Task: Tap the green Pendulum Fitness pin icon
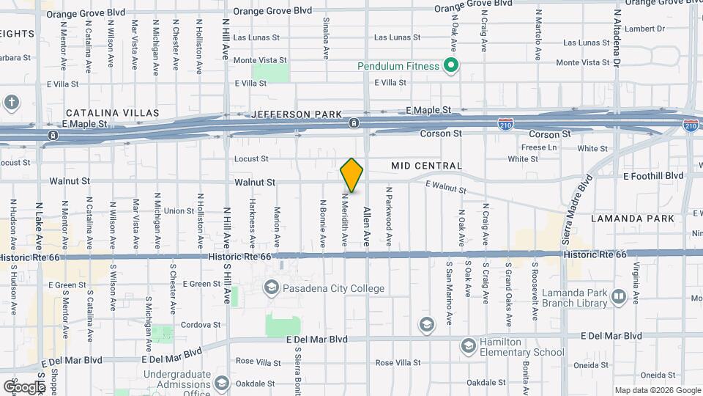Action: click(452, 66)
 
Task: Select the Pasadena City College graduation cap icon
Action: click(272, 287)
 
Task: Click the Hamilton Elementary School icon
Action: click(468, 345)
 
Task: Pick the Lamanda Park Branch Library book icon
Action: click(619, 296)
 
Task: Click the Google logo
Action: click(24, 386)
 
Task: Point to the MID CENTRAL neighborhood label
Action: click(426, 166)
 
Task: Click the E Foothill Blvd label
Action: click(652, 176)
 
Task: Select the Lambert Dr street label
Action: click(645, 29)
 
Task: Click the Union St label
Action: click(179, 211)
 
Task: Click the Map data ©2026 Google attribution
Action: click(656, 390)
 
